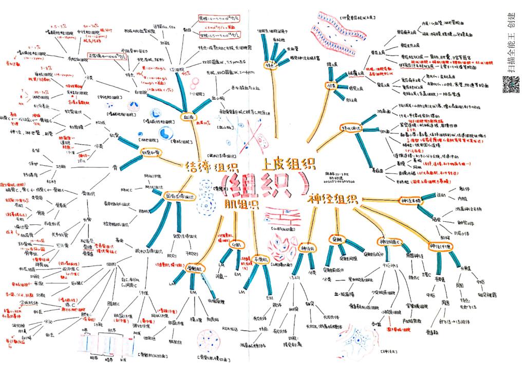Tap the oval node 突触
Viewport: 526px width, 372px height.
click(336, 239)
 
